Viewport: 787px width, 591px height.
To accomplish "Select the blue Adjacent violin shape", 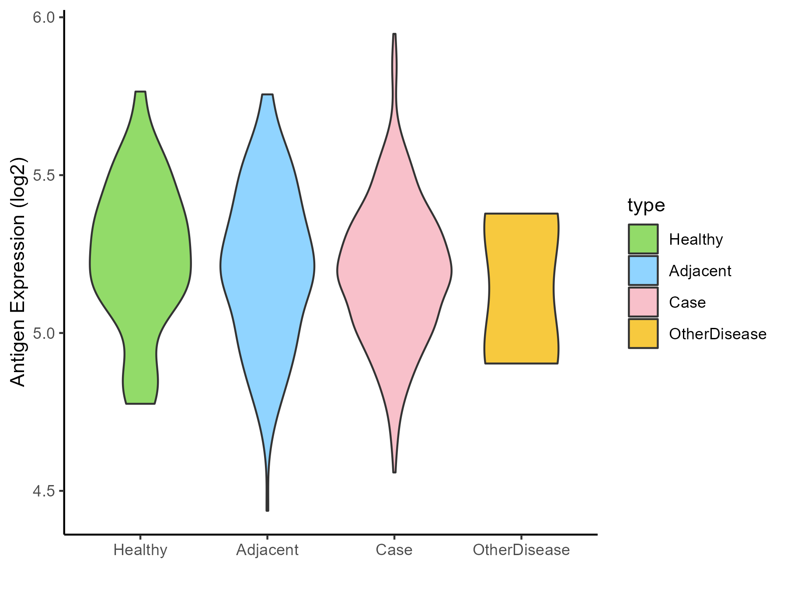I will pyautogui.click(x=267, y=263).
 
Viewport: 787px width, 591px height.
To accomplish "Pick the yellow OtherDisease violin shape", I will pyautogui.click(x=521, y=289).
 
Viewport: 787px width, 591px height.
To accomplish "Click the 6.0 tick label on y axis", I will pyautogui.click(x=43, y=18).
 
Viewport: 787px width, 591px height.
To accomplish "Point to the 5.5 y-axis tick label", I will pyautogui.click(x=43, y=176).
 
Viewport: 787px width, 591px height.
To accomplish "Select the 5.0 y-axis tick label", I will pyautogui.click(x=43, y=333).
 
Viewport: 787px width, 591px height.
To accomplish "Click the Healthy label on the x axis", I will pyautogui.click(x=140, y=550).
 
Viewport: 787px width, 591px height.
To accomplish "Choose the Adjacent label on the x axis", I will pyautogui.click(x=267, y=550).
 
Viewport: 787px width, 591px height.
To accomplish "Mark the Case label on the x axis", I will pyautogui.click(x=394, y=550).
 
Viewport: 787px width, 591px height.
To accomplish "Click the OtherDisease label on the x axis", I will pyautogui.click(x=521, y=550).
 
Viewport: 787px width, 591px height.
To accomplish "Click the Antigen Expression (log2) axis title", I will pyautogui.click(x=18, y=271).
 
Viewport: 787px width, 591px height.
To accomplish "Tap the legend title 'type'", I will pyautogui.click(x=646, y=205).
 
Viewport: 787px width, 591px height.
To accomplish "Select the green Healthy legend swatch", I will pyautogui.click(x=643, y=239).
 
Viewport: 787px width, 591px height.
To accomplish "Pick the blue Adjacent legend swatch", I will pyautogui.click(x=643, y=271).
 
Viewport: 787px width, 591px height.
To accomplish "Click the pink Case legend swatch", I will pyautogui.click(x=643, y=302).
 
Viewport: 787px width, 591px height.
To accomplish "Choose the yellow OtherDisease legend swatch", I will pyautogui.click(x=643, y=334).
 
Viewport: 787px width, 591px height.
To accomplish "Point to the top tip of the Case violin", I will pyautogui.click(x=394, y=35).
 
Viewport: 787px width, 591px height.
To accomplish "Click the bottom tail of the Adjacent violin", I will pyautogui.click(x=267, y=508).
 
